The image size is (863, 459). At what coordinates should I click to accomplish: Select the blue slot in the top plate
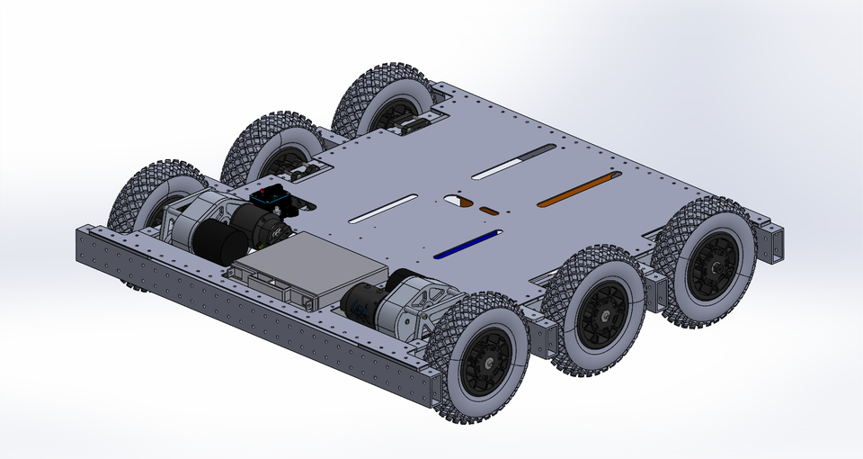[x=467, y=243]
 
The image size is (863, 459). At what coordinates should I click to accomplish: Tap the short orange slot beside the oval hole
[x=489, y=211]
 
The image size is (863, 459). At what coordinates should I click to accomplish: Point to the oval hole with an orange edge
[x=458, y=200]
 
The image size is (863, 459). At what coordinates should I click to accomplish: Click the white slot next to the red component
[x=382, y=208]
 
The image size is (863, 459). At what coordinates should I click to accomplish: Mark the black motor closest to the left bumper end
[x=217, y=242]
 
